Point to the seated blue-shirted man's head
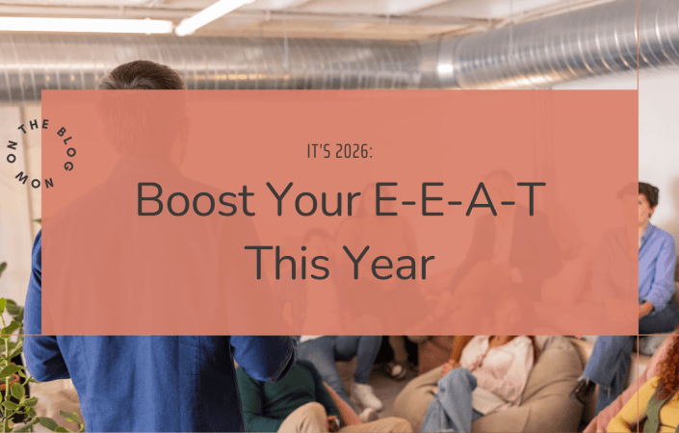(x=647, y=202)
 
